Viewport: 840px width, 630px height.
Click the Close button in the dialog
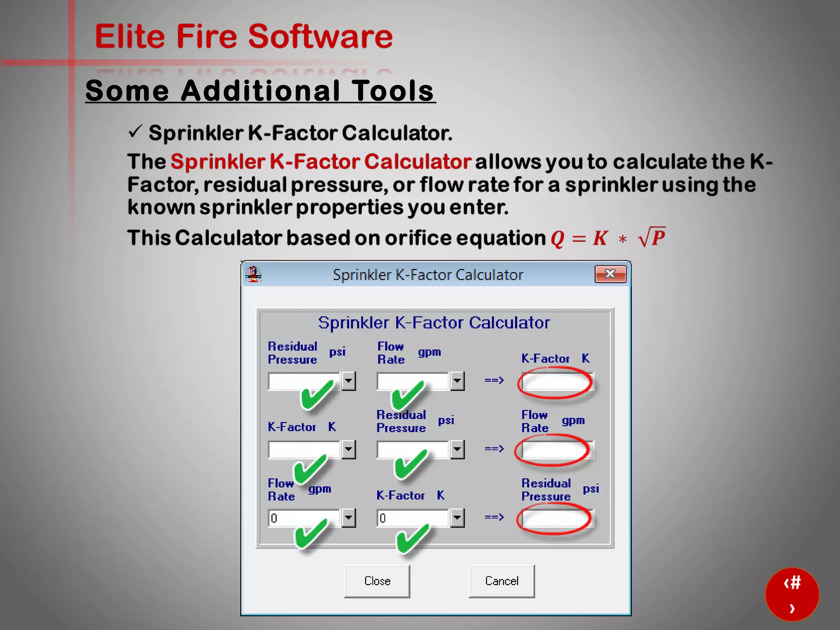click(x=377, y=581)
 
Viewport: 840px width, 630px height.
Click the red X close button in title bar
click(x=610, y=274)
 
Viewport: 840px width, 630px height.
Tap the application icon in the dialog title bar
click(x=254, y=274)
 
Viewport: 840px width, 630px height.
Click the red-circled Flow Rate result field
click(x=553, y=450)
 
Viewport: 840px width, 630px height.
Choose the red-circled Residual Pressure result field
click(x=555, y=519)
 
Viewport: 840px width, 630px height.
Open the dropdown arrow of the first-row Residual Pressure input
click(x=348, y=381)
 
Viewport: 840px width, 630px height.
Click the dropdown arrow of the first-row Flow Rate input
click(x=457, y=381)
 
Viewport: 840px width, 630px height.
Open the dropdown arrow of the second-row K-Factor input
click(x=348, y=450)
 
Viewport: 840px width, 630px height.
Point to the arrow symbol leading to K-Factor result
click(x=494, y=380)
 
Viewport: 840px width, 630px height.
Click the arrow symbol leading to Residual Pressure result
click(x=494, y=517)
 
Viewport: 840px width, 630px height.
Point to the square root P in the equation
click(x=652, y=237)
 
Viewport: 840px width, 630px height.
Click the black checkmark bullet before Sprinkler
click(x=135, y=132)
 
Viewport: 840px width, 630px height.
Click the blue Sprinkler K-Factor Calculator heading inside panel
click(x=434, y=323)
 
